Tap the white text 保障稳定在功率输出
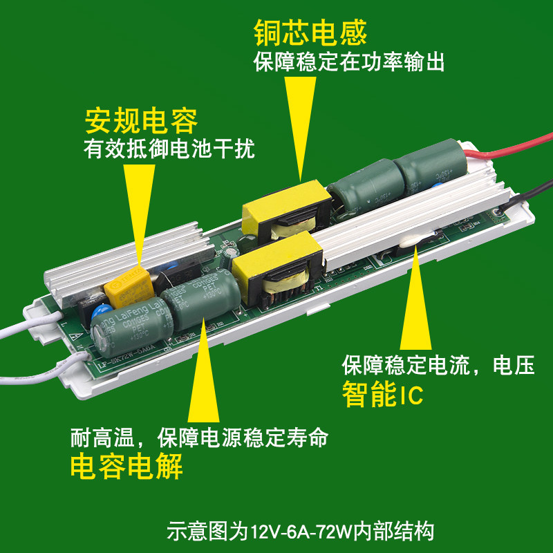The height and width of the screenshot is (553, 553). coord(349,63)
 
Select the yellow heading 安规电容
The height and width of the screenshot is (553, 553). coord(141,121)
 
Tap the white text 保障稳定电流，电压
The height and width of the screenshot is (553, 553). coord(438,366)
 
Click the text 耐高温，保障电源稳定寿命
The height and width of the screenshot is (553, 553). coord(198,438)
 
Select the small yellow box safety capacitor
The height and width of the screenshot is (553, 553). coord(126,287)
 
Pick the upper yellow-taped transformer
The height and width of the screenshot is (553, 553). coord(283,211)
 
